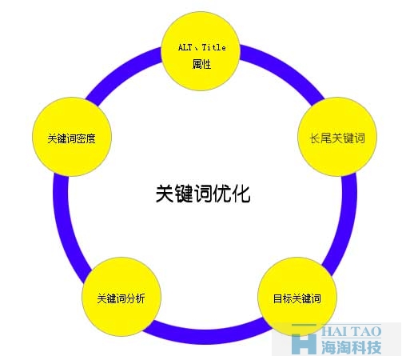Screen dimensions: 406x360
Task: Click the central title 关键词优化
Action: click(x=203, y=194)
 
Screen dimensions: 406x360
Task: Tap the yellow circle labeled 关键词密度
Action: click(x=72, y=137)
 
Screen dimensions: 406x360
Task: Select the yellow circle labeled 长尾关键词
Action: click(x=337, y=137)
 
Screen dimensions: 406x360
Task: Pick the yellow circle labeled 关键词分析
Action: click(x=121, y=297)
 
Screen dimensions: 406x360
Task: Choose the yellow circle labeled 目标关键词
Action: click(x=297, y=297)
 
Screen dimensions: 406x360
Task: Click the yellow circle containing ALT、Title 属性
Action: click(x=201, y=51)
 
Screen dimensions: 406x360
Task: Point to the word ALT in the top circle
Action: click(x=185, y=47)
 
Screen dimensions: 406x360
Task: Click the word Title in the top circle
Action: click(x=213, y=47)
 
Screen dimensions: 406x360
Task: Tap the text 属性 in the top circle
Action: click(x=201, y=64)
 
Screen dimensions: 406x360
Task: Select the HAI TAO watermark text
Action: click(x=351, y=331)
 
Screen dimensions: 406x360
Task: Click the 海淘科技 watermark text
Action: click(x=351, y=347)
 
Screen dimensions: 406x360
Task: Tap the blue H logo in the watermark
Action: click(x=304, y=339)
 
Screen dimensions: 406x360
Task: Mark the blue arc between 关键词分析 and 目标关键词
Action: click(x=206, y=337)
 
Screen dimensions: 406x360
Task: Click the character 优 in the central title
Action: click(x=222, y=194)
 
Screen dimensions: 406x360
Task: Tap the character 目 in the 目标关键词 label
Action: click(x=277, y=298)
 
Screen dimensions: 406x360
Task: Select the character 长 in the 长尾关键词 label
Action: click(x=314, y=138)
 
